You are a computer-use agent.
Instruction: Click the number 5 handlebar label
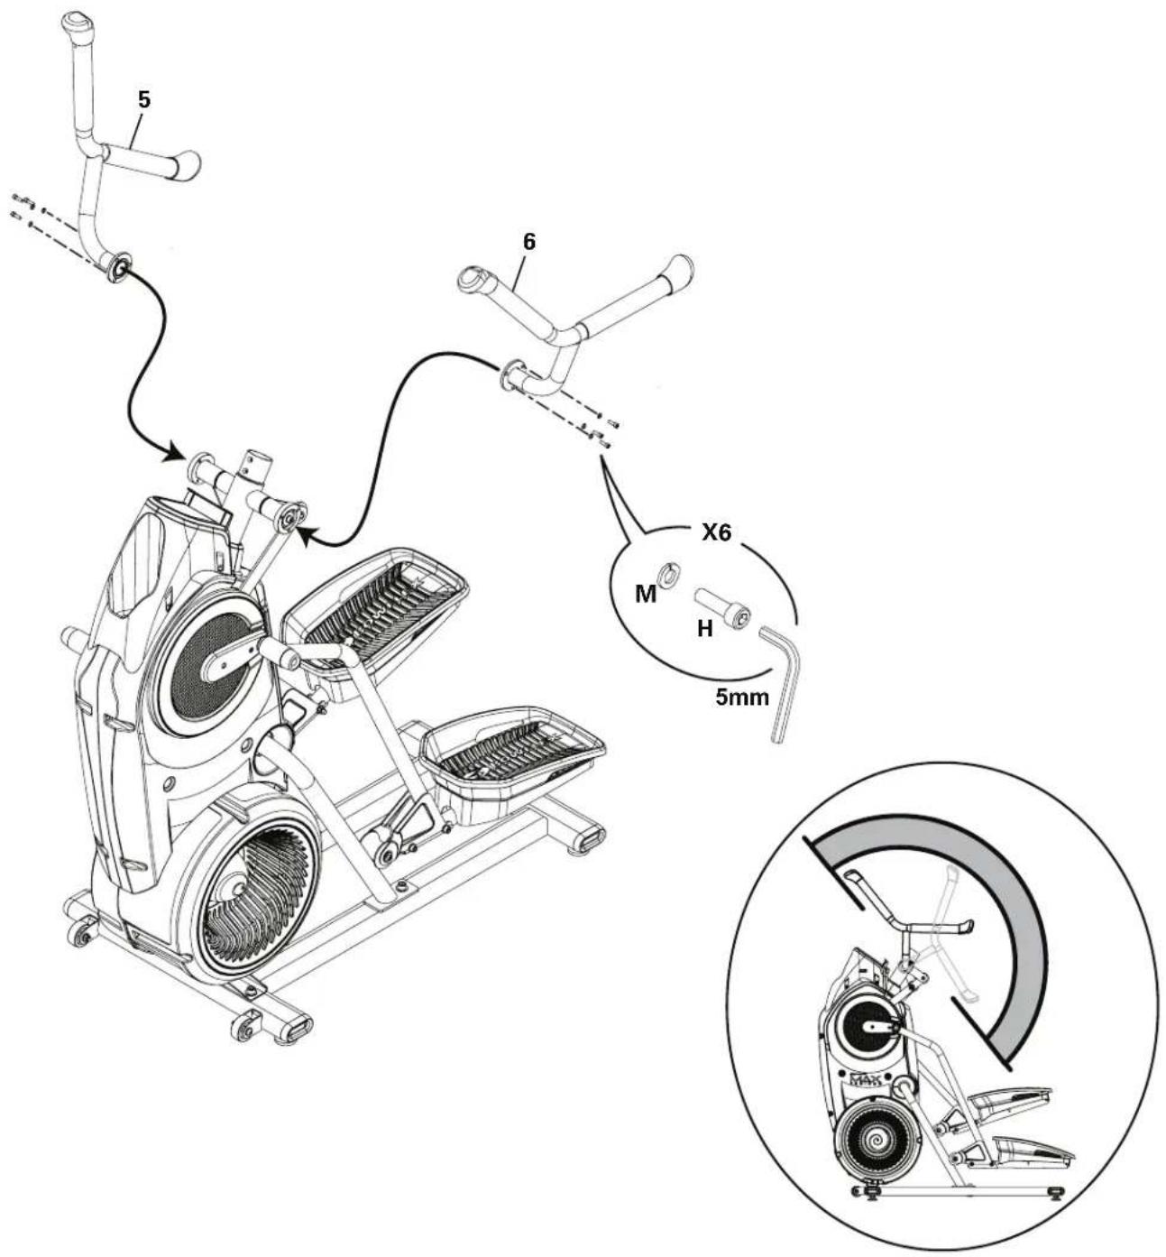click(x=144, y=99)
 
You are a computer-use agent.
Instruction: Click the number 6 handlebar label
click(x=530, y=242)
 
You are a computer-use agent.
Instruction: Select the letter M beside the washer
click(x=646, y=594)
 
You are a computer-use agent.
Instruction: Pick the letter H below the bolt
click(x=705, y=630)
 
